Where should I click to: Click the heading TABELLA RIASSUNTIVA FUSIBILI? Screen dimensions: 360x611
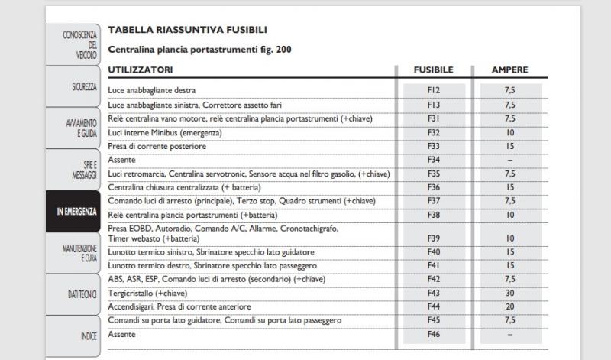click(x=187, y=30)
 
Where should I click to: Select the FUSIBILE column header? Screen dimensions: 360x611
click(x=433, y=70)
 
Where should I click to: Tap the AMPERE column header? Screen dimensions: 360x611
click(x=509, y=70)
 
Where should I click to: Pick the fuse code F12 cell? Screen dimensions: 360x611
click(x=434, y=90)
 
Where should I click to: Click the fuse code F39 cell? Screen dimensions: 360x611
click(x=434, y=238)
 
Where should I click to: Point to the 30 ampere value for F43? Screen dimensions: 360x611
click(x=509, y=293)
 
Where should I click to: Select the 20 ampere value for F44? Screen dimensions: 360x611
click(x=509, y=306)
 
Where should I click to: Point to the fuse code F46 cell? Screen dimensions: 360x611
click(x=434, y=335)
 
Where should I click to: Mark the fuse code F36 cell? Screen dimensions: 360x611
click(x=434, y=187)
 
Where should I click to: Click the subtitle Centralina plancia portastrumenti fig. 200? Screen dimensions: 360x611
click(x=199, y=50)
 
